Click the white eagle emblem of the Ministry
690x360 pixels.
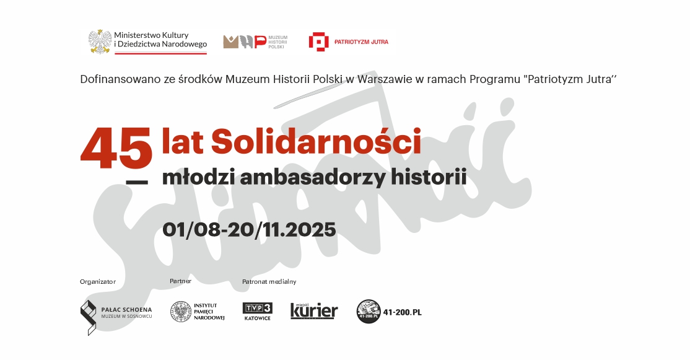100,40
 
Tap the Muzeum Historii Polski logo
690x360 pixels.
246,42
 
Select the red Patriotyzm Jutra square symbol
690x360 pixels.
318,42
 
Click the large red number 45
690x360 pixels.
116,149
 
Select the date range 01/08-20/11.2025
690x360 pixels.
249,229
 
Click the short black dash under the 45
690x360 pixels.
137,182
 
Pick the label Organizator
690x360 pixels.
98,282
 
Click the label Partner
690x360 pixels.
180,281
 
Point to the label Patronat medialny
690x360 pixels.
269,282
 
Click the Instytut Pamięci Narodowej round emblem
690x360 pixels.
180,312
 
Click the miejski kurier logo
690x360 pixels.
314,310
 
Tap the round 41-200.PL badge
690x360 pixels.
368,312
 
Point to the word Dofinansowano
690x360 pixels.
115,79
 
